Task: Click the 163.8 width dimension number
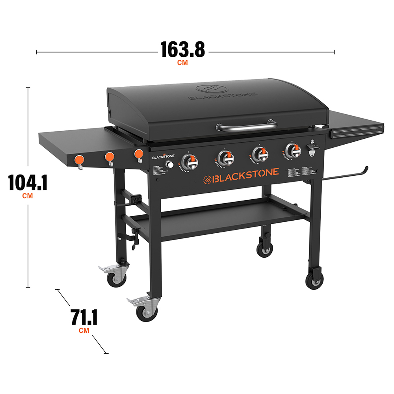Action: pyautogui.click(x=182, y=50)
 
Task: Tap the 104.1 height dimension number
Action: pyautogui.click(x=28, y=183)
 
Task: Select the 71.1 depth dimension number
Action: pyautogui.click(x=84, y=318)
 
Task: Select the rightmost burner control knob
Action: pyautogui.click(x=292, y=150)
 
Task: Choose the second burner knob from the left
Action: pyautogui.click(x=225, y=157)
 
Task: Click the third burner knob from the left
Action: pyautogui.click(x=259, y=153)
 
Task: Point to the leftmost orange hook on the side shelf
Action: pyautogui.click(x=80, y=160)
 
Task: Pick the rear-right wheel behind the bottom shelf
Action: pyautogui.click(x=264, y=249)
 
